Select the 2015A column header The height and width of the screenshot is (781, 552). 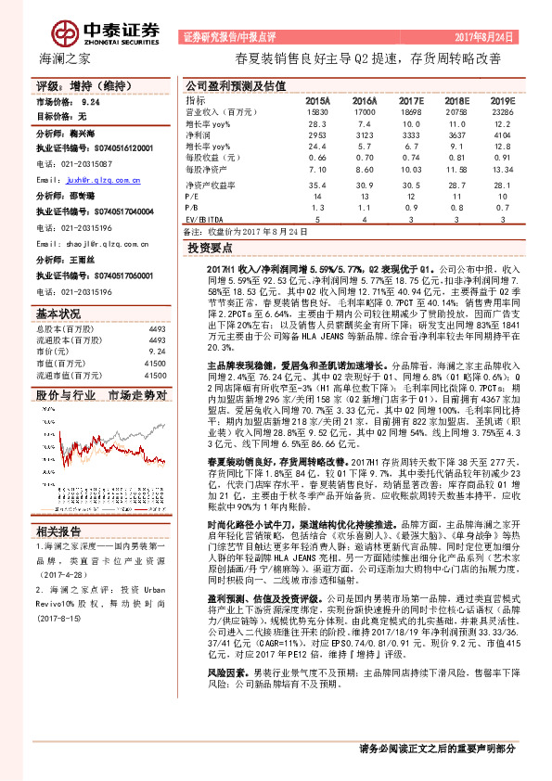pyautogui.click(x=317, y=99)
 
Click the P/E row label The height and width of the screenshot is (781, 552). pyautogui.click(x=192, y=197)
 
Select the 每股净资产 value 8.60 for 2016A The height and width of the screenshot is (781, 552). pyautogui.click(x=364, y=171)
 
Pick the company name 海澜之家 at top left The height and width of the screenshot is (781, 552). pyautogui.click(x=64, y=59)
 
